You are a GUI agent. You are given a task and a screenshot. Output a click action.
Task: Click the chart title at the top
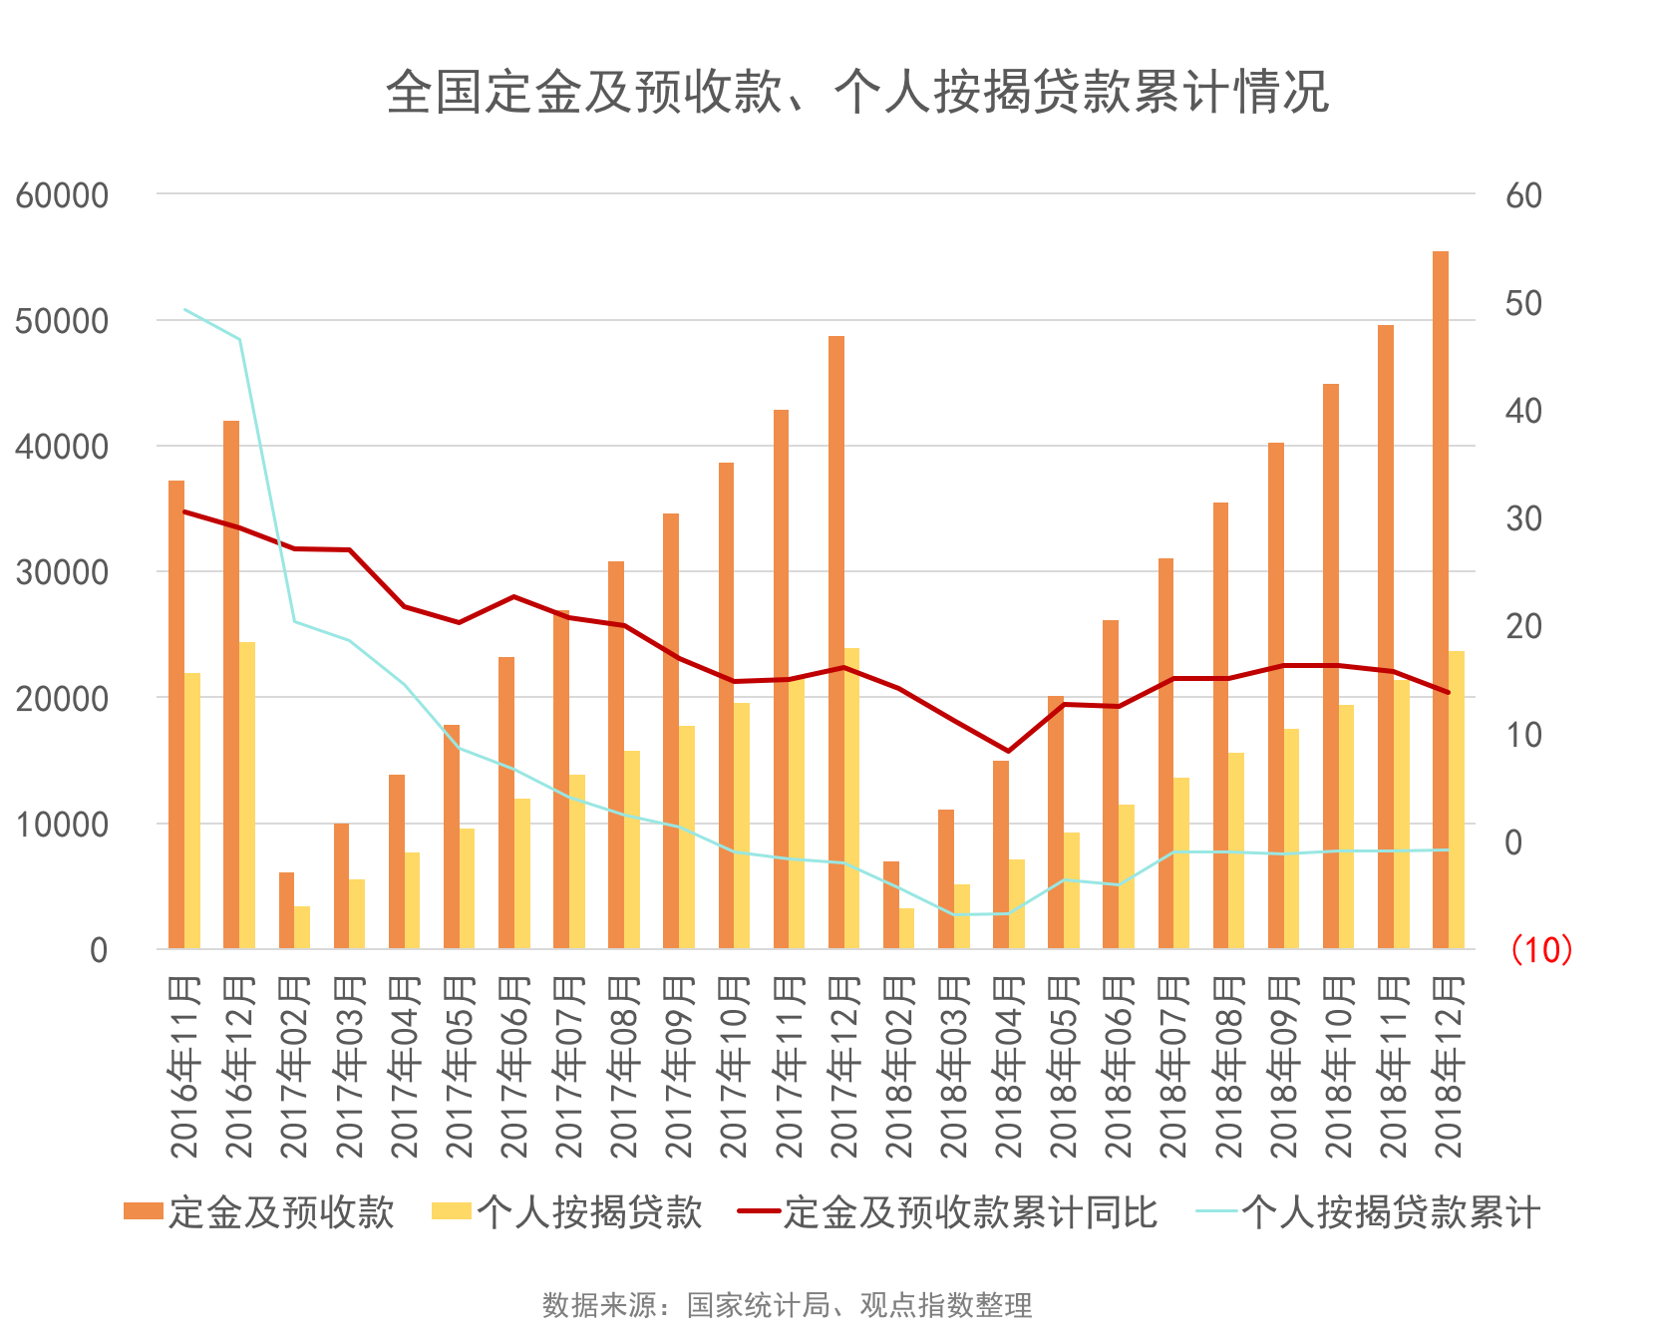click(856, 92)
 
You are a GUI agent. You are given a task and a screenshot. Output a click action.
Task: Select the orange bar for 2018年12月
click(1441, 598)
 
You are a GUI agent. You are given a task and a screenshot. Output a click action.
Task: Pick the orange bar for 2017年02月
click(286, 910)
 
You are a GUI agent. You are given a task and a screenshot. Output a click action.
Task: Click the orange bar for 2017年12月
click(836, 638)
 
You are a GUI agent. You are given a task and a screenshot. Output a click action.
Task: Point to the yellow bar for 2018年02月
click(906, 928)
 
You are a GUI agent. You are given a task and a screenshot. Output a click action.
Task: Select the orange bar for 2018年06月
click(1111, 784)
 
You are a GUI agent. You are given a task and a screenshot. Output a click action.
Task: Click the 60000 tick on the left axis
click(62, 195)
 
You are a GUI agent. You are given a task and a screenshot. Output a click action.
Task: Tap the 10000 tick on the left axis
click(62, 825)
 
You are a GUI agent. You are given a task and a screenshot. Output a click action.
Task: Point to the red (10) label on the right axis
click(1541, 949)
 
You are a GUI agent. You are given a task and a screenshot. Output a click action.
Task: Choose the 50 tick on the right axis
click(1523, 303)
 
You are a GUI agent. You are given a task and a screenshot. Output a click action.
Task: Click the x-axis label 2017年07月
click(569, 1067)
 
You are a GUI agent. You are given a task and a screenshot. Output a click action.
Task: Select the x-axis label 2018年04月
click(1009, 1067)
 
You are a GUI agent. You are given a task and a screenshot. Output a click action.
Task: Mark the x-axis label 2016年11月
click(185, 1067)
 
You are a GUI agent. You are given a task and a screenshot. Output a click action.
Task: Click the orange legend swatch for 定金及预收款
click(143, 1211)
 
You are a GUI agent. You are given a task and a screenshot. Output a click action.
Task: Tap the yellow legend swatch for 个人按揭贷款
click(451, 1211)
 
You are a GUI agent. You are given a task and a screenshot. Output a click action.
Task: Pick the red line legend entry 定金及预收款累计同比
click(947, 1212)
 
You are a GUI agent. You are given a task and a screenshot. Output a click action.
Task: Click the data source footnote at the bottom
click(787, 1304)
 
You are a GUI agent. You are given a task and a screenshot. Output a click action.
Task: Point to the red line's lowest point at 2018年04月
click(1008, 751)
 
